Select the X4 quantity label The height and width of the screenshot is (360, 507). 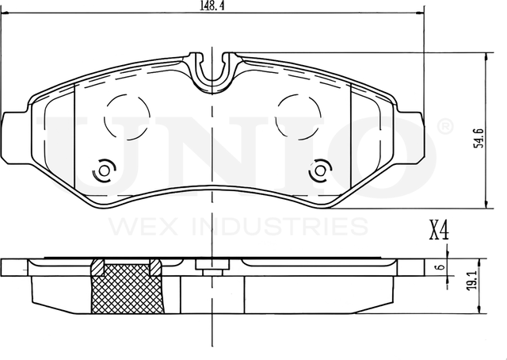coord(438,232)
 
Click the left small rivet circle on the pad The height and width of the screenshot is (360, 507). coord(104,170)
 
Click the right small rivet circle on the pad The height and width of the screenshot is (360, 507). coord(319,170)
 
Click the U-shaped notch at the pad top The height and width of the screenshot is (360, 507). coord(212,69)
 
